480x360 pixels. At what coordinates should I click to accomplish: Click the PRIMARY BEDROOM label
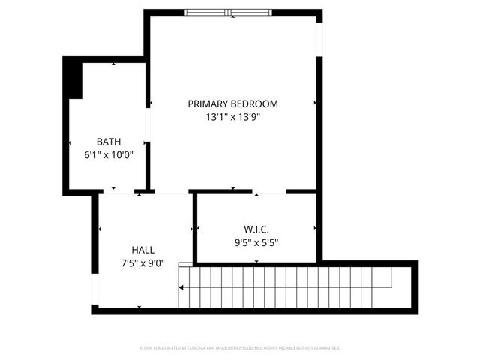point(232,103)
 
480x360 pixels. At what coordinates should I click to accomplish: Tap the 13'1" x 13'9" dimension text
point(232,117)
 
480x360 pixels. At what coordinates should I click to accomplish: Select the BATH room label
point(108,142)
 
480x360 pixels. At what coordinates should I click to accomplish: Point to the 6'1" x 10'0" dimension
point(108,155)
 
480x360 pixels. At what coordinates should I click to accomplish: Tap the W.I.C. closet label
point(256,229)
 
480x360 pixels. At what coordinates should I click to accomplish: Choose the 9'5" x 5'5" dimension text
point(256,241)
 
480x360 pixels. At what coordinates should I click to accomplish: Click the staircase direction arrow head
point(181,286)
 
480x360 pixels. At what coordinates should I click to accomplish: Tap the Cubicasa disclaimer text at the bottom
point(240,348)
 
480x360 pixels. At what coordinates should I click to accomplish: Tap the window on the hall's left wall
point(95,289)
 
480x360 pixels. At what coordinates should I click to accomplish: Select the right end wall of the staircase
point(413,287)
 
